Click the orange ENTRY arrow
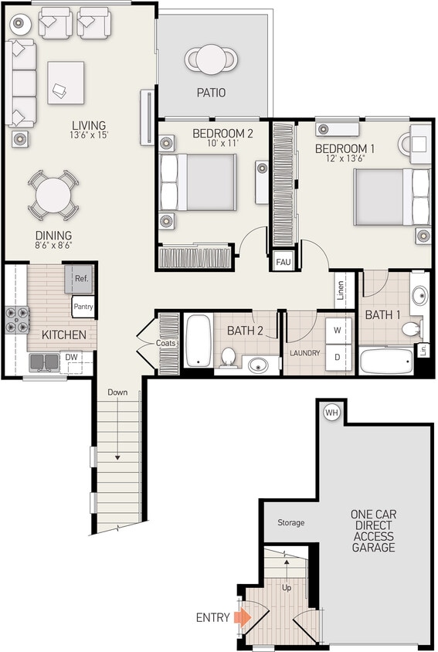click(243, 617)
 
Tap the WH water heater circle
click(331, 412)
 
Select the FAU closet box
click(284, 262)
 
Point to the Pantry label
click(83, 307)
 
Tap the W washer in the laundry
click(338, 328)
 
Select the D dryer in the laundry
click(338, 356)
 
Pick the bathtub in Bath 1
click(388, 360)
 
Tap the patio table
click(211, 58)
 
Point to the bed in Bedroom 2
click(198, 182)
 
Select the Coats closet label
click(167, 343)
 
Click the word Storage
click(291, 523)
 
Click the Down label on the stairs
click(117, 392)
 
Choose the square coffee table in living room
click(66, 82)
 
